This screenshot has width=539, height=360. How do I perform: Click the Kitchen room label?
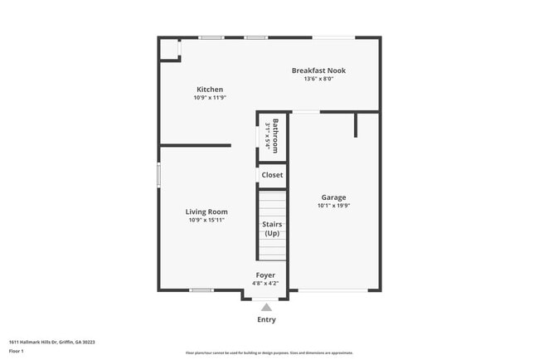click(x=209, y=90)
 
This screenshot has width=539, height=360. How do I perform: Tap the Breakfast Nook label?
click(x=318, y=71)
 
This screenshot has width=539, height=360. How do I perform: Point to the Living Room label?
click(x=206, y=212)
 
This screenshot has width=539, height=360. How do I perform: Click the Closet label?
click(x=272, y=175)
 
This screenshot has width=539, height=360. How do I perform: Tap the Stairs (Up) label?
click(x=272, y=229)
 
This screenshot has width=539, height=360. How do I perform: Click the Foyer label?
click(x=265, y=275)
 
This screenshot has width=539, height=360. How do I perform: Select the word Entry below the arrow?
click(x=266, y=319)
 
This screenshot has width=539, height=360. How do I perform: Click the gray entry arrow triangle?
click(x=266, y=307)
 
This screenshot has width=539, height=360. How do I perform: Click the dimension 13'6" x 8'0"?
click(x=318, y=80)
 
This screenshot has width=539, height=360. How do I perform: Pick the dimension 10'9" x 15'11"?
click(x=206, y=221)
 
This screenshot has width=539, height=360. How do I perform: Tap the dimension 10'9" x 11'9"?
click(x=209, y=98)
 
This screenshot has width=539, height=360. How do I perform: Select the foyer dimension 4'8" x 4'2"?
click(x=265, y=284)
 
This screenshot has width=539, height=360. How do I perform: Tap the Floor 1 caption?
click(x=17, y=351)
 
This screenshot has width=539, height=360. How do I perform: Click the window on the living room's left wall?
click(x=159, y=176)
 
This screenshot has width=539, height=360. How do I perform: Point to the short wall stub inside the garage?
click(x=355, y=125)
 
